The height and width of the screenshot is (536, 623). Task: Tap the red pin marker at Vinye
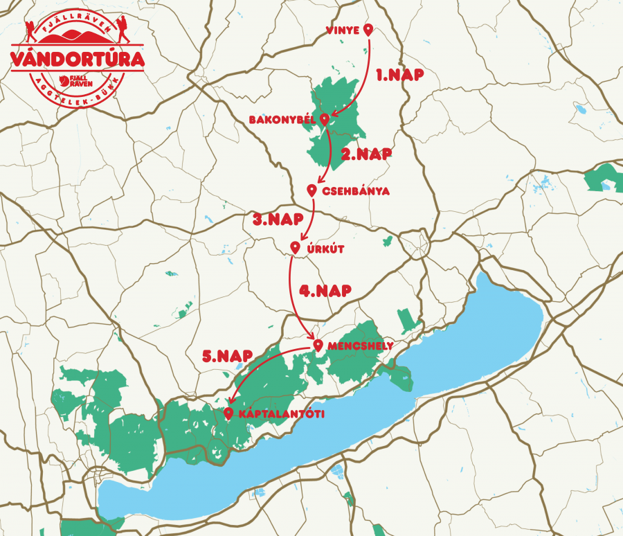point(368,29)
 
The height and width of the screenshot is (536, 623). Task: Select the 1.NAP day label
point(399,75)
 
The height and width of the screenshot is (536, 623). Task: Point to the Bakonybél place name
point(282,120)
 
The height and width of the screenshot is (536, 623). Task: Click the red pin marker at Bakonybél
point(324,119)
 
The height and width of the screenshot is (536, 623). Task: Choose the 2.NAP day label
point(366,154)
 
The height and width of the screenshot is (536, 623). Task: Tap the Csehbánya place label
point(356,191)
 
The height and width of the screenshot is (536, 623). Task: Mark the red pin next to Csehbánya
point(312,190)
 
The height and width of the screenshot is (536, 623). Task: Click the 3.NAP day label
point(277,220)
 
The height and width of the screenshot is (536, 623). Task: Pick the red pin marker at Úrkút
point(295,247)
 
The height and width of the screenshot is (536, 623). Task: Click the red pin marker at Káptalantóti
point(228,413)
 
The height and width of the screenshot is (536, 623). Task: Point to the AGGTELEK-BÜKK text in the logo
point(77,94)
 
